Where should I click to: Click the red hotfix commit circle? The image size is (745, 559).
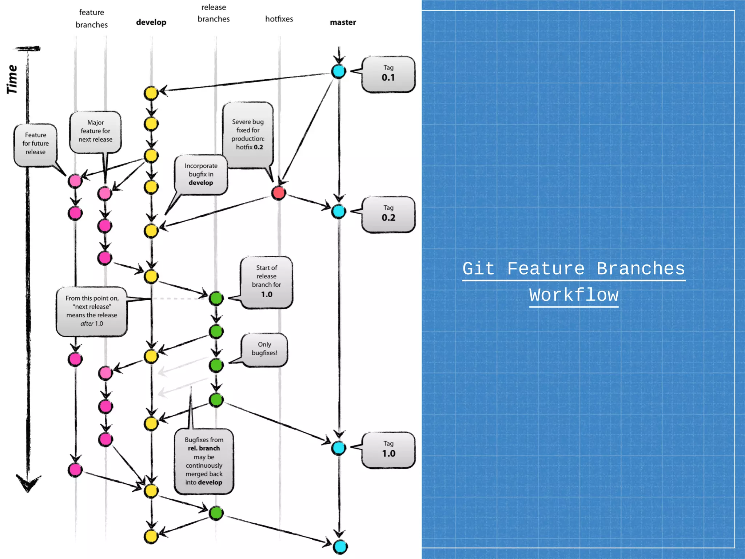point(279,193)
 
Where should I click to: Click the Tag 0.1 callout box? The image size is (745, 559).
point(389,74)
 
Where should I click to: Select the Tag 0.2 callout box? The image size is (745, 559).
point(389,214)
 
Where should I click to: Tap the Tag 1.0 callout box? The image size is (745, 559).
point(389,450)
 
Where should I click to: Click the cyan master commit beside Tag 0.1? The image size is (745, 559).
point(339,71)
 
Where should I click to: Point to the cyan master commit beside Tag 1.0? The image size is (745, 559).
point(339,448)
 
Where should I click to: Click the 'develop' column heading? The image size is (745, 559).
point(151,22)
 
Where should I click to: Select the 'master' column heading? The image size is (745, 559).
point(343,22)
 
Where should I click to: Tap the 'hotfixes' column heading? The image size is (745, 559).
point(279,19)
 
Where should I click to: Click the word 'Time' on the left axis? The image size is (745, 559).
point(12,79)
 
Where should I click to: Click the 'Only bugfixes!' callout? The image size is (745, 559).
point(264,349)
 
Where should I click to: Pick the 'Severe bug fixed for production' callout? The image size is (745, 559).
point(248,135)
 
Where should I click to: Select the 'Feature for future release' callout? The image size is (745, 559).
point(36,144)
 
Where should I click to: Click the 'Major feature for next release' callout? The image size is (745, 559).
point(95,131)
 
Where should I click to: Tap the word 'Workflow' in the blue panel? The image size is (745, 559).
point(574,295)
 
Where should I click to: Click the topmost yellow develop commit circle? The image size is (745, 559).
point(151,93)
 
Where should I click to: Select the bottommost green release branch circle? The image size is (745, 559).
point(216,513)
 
